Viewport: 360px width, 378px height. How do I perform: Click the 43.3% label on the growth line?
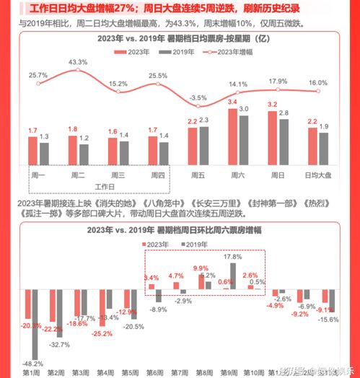point(79,63)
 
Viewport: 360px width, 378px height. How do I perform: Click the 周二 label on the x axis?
point(79,175)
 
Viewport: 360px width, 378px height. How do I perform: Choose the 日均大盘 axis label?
point(318,175)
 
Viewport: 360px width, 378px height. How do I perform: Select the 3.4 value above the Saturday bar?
point(232,102)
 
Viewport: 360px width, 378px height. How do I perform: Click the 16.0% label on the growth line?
point(317,83)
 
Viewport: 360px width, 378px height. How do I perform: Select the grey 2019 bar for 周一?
point(45,153)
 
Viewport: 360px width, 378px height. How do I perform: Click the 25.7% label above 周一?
point(38,75)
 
